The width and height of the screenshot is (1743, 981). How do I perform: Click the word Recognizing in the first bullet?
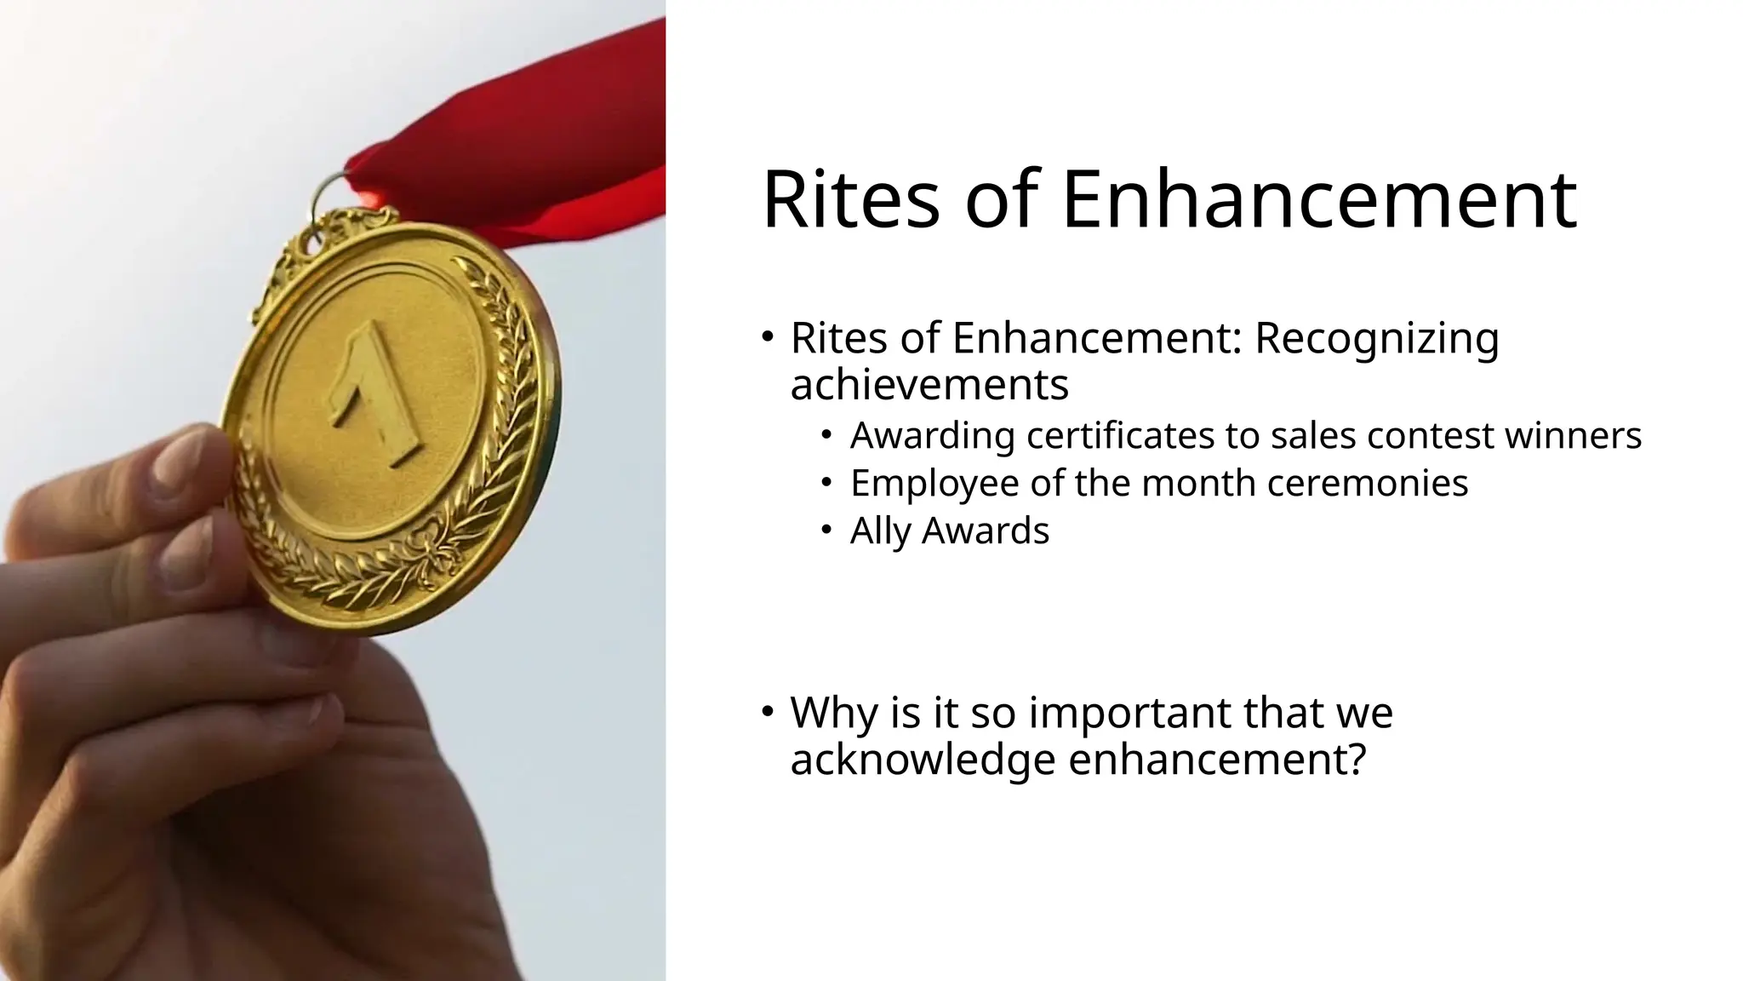click(1376, 338)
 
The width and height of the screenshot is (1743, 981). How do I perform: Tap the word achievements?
click(929, 385)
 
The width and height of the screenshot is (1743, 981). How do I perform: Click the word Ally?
click(880, 531)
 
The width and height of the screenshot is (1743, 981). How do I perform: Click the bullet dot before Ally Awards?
click(825, 531)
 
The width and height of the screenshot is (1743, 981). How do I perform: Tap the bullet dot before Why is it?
click(767, 710)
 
